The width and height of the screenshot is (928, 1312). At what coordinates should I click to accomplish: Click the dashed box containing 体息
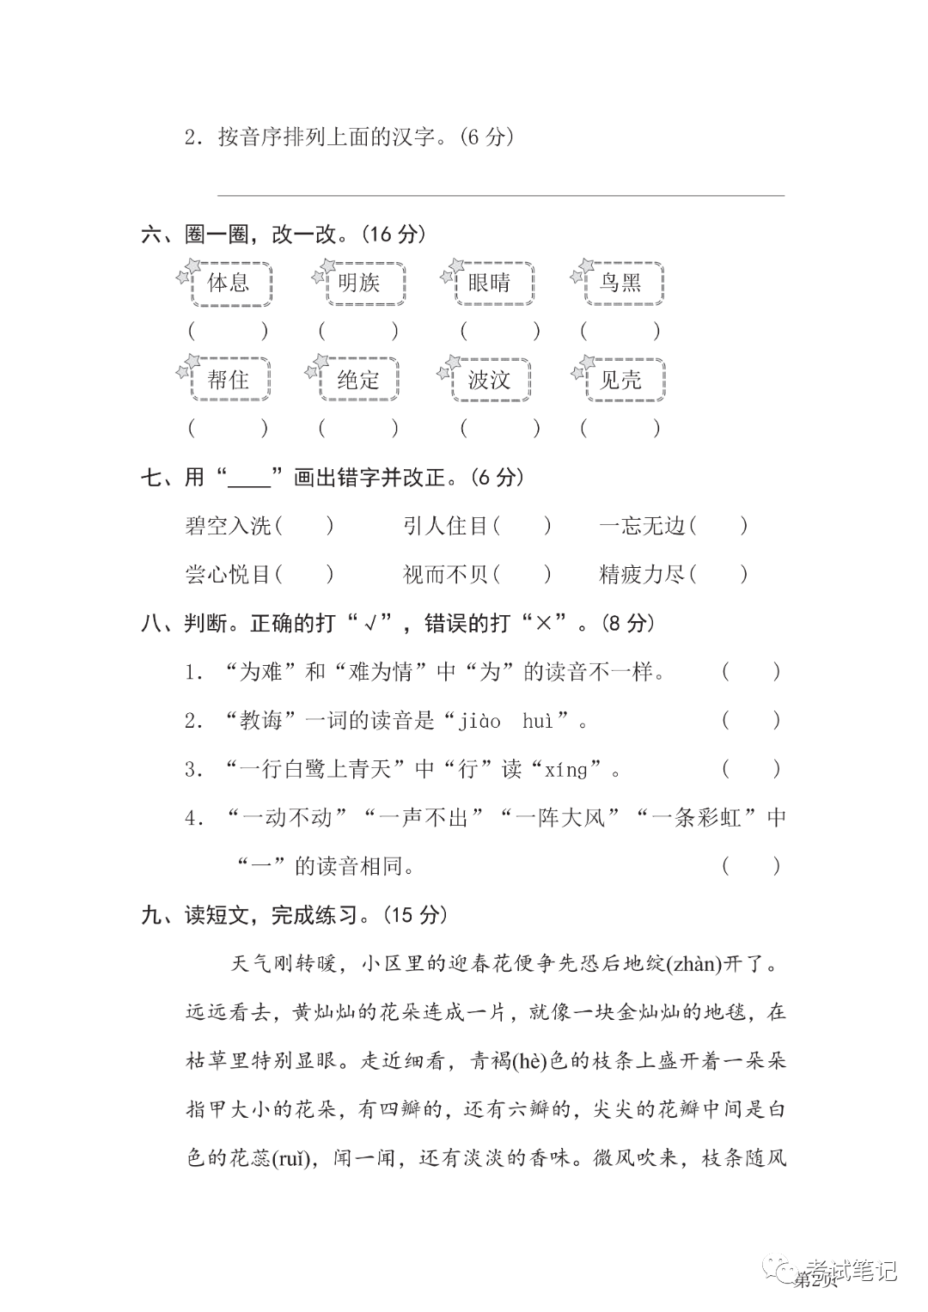pos(229,284)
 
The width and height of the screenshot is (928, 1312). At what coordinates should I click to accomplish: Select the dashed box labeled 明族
pos(360,284)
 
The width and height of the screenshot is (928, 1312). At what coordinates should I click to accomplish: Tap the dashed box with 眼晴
pos(491,284)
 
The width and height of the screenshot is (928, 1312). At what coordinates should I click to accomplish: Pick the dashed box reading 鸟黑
pos(620,284)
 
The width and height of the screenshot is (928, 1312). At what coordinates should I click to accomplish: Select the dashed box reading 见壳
pos(621,380)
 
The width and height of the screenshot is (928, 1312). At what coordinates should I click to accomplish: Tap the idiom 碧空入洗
pos(228,525)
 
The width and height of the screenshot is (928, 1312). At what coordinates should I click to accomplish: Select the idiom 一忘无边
pos(641,525)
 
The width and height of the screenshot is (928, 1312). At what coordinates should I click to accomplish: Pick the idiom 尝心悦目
pos(228,574)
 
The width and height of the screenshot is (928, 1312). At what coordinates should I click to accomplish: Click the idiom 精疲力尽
pos(641,574)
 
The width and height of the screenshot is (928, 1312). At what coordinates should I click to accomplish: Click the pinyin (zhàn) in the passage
pos(696,964)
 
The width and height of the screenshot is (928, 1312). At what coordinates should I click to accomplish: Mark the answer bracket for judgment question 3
pos(751,769)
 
